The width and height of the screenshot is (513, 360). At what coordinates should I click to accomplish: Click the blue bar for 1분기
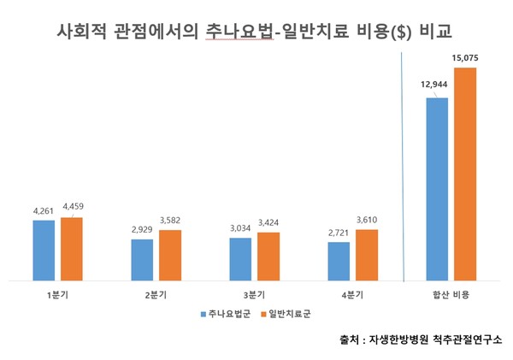[x=44, y=249]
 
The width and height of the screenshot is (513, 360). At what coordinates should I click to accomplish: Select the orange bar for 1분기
[x=72, y=248]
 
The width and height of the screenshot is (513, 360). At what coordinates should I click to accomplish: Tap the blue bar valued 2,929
[x=142, y=258]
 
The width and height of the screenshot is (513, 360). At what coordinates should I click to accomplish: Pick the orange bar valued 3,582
[x=170, y=254]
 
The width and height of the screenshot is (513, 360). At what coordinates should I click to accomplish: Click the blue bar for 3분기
[x=240, y=257]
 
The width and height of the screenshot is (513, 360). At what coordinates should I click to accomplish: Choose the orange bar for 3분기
[x=268, y=255]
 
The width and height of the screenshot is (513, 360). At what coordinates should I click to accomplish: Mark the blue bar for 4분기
[x=339, y=260]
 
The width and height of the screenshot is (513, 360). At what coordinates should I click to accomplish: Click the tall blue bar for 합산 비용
[x=437, y=188]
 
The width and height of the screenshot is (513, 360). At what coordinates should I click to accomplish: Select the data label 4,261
[x=43, y=211]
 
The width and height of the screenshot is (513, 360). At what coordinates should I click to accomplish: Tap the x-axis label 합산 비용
[x=451, y=295]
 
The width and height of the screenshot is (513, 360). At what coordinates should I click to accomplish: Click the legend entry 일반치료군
[x=290, y=313]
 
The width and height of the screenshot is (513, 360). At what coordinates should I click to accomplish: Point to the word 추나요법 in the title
[x=242, y=32]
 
